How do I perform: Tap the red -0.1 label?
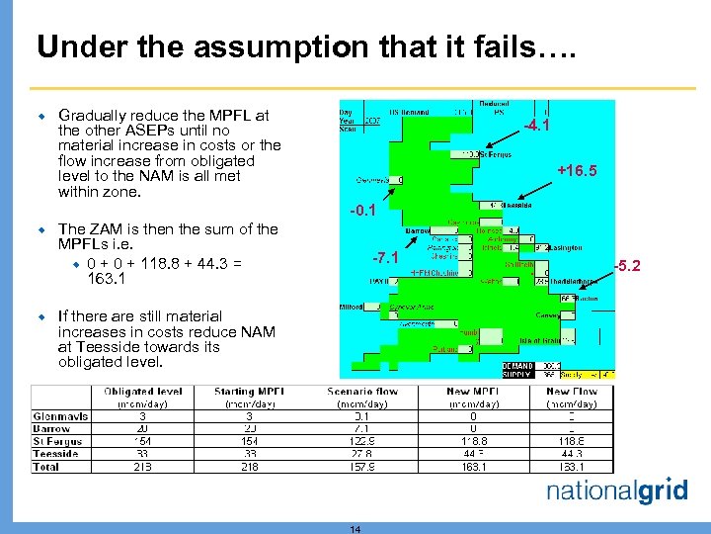point(365,210)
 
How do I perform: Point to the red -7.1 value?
point(385,259)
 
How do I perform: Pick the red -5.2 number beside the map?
point(627,265)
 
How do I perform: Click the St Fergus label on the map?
point(497,154)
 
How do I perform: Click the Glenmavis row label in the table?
point(60,416)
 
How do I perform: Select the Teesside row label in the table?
point(55,454)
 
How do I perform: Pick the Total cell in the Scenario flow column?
point(361,467)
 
